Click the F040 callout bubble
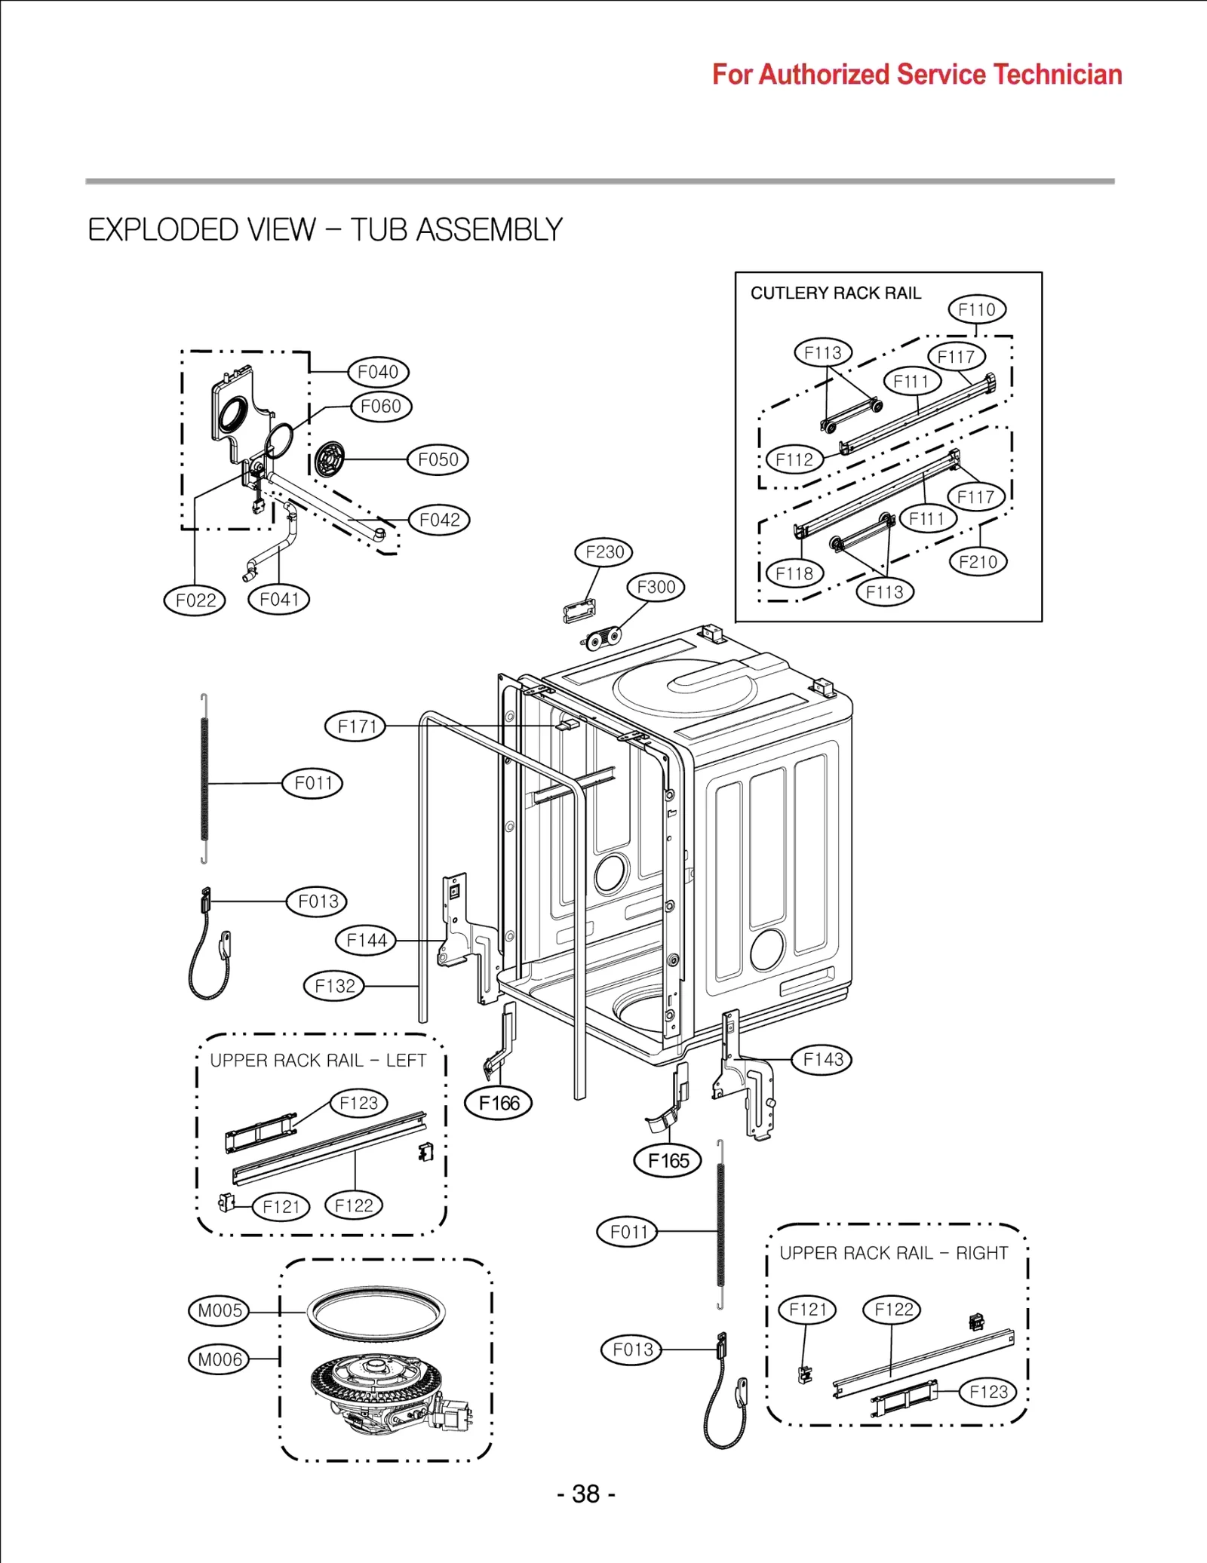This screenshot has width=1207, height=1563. tap(378, 372)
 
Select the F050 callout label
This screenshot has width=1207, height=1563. tap(438, 459)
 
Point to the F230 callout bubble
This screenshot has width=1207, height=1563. tap(603, 552)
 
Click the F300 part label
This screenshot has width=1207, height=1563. tap(656, 587)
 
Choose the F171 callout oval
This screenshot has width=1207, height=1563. tap(355, 726)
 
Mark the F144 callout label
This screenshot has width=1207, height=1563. tap(366, 941)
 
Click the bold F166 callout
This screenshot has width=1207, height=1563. tap(499, 1104)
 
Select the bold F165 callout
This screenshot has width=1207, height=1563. tap(668, 1161)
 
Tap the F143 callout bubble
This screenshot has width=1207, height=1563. tap(822, 1060)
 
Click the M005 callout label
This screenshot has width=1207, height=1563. tap(219, 1310)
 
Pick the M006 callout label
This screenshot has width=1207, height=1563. tap(219, 1359)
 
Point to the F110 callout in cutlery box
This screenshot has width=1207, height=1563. tap(977, 309)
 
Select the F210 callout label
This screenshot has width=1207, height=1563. tap(978, 562)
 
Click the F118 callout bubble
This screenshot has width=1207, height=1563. tap(794, 574)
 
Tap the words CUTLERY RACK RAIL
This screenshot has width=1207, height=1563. tap(835, 293)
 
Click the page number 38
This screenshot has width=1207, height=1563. tap(586, 1494)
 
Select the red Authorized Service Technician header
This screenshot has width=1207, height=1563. tap(917, 75)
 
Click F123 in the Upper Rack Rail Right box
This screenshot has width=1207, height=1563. tap(987, 1392)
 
